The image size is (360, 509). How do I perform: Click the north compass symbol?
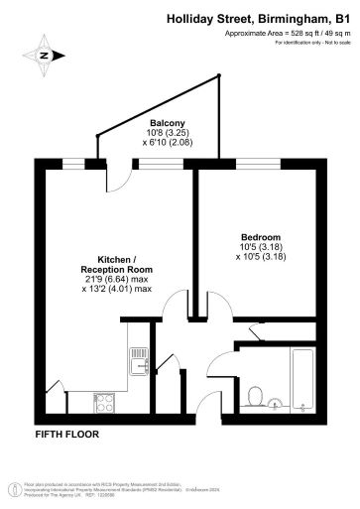[x=43, y=56]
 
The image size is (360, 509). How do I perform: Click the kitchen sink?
[x=140, y=354]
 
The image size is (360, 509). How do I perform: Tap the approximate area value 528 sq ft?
[x=297, y=32]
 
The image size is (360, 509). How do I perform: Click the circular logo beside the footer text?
[x=14, y=487]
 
